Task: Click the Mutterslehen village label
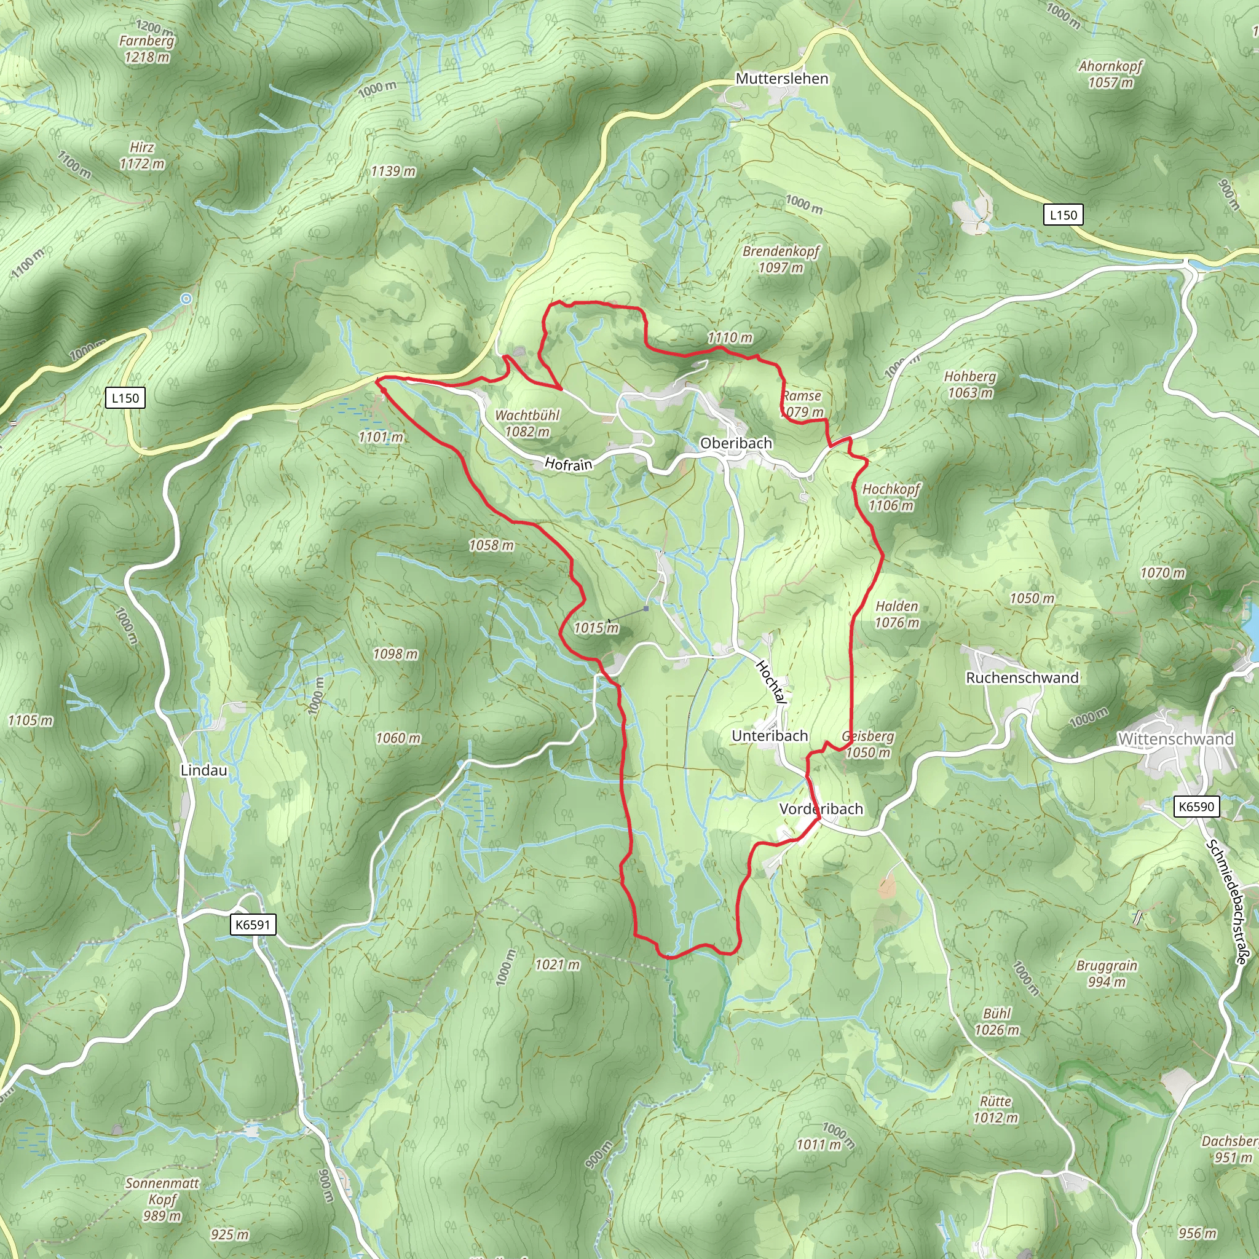[781, 79]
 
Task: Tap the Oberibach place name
[736, 443]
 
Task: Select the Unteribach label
[770, 736]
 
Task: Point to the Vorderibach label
[821, 809]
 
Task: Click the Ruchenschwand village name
[1022, 677]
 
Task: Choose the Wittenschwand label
[1175, 739]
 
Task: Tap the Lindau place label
[204, 770]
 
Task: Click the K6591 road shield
[253, 924]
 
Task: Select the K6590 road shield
[1196, 807]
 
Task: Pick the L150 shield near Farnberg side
[125, 398]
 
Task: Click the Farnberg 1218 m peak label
[148, 49]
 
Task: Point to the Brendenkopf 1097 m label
[781, 259]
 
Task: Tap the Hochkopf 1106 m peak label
[891, 497]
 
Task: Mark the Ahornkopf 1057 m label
[1110, 74]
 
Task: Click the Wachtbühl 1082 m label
[527, 423]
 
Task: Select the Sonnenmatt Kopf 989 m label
[162, 1199]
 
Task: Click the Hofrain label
[568, 464]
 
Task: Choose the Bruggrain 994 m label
[1107, 973]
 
